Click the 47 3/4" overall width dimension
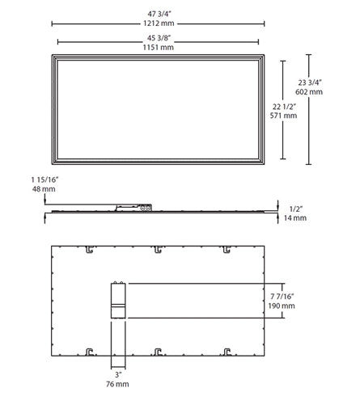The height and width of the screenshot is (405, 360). click(158, 13)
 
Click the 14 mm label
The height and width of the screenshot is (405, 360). click(299, 218)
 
